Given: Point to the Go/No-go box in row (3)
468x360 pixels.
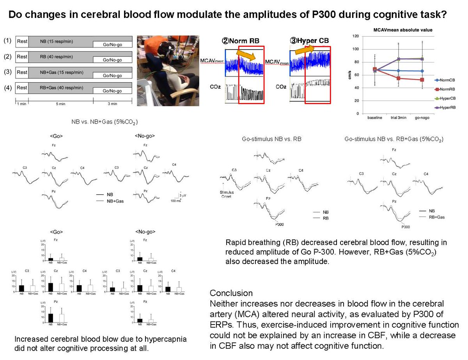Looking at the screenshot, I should pos(112,75).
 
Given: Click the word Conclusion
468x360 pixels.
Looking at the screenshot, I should pos(231,293).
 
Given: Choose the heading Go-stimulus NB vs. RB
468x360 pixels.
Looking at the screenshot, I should pos(271,138).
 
